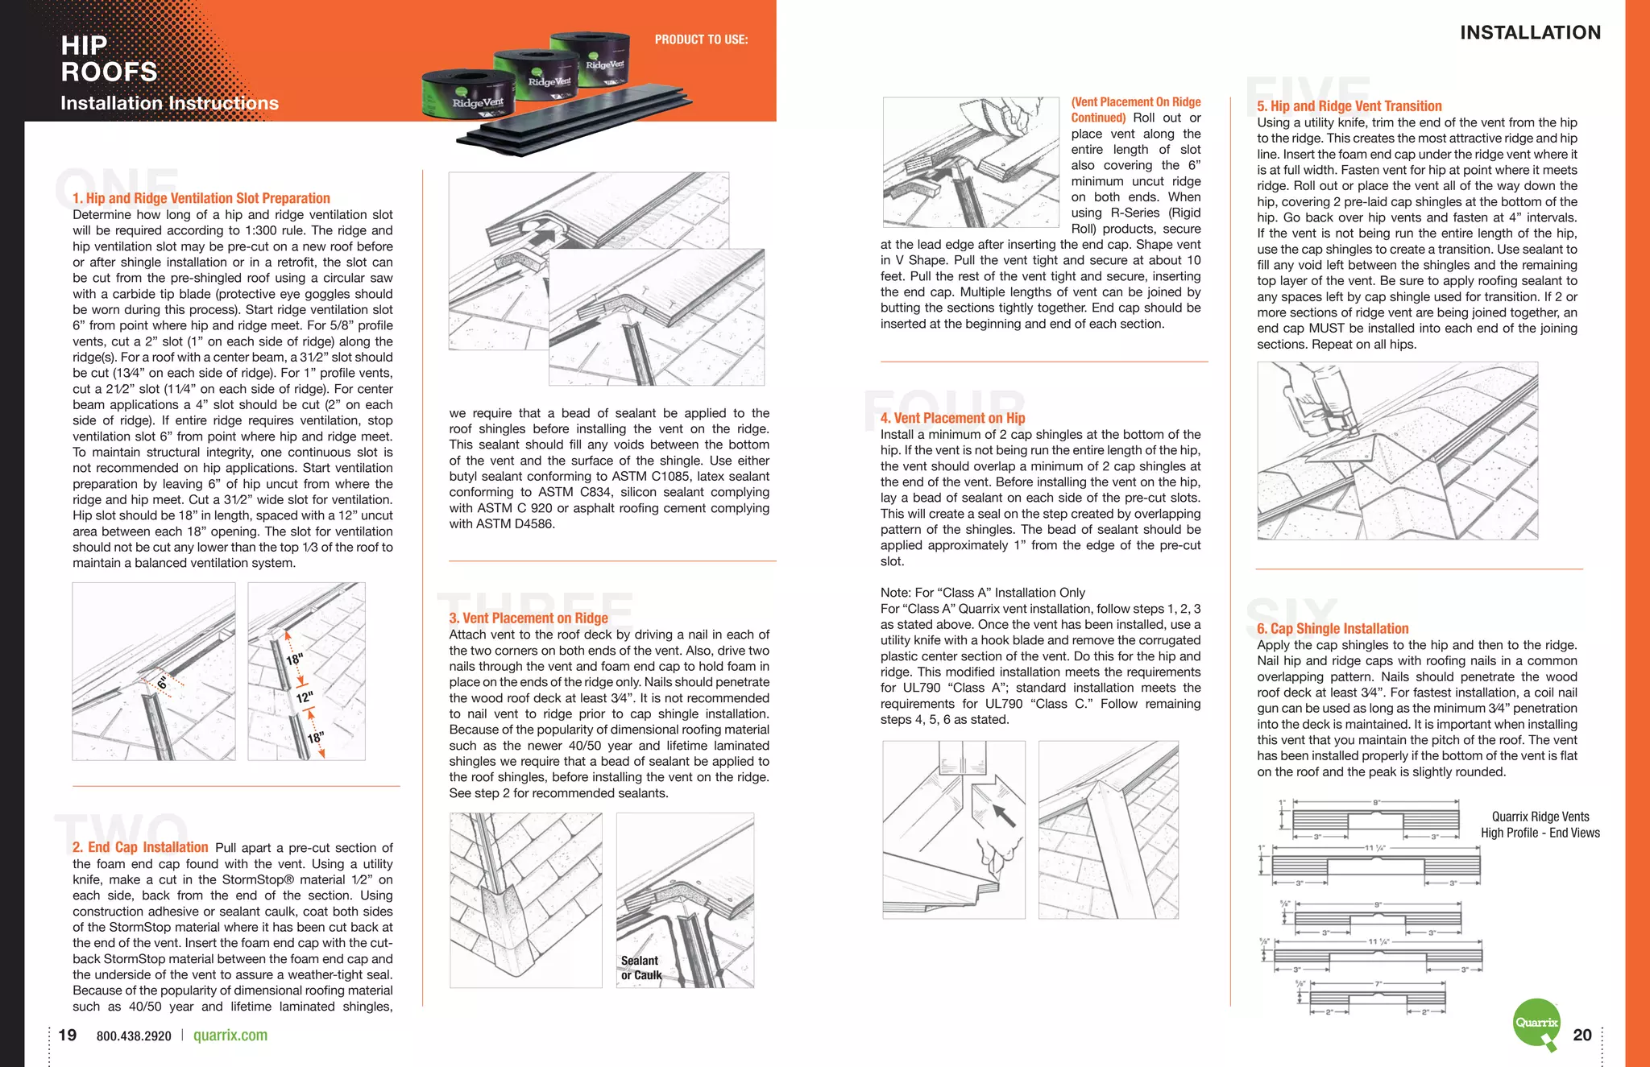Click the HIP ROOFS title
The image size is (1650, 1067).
click(109, 59)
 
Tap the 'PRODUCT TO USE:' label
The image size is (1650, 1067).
click(701, 39)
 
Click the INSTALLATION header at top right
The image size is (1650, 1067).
click(1530, 33)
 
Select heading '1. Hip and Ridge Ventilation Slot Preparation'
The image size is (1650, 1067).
click(201, 198)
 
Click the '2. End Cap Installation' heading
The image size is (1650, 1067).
click(140, 847)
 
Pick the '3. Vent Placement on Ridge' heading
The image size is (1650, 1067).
click(529, 618)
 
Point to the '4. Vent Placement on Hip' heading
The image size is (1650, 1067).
click(952, 418)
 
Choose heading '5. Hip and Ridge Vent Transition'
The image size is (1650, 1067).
click(1349, 105)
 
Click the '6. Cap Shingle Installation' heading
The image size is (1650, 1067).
click(1333, 628)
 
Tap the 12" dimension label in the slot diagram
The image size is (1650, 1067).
click(304, 697)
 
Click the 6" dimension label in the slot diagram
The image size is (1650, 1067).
click(162, 683)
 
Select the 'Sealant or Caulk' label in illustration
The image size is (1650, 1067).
click(641, 968)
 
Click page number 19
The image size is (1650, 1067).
click(68, 1035)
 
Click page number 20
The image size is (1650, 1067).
click(1582, 1035)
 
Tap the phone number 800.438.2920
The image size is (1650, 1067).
click(134, 1036)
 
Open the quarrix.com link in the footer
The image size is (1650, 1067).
click(230, 1036)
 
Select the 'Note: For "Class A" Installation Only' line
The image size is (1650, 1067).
click(982, 593)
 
